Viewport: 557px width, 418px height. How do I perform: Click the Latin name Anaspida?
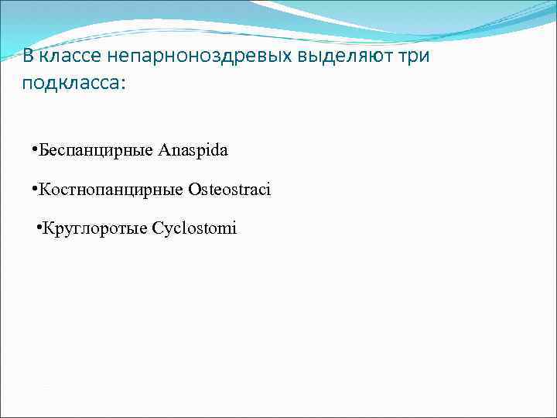pos(193,150)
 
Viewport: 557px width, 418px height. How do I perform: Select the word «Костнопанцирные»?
pos(111,190)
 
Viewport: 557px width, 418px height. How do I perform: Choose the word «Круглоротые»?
pos(95,228)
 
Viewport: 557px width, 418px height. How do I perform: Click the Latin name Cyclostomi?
pos(194,228)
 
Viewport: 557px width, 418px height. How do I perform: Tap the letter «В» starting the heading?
pos(28,57)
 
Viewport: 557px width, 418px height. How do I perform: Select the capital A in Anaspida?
pos(164,150)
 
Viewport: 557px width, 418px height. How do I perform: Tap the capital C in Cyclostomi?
pos(157,228)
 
